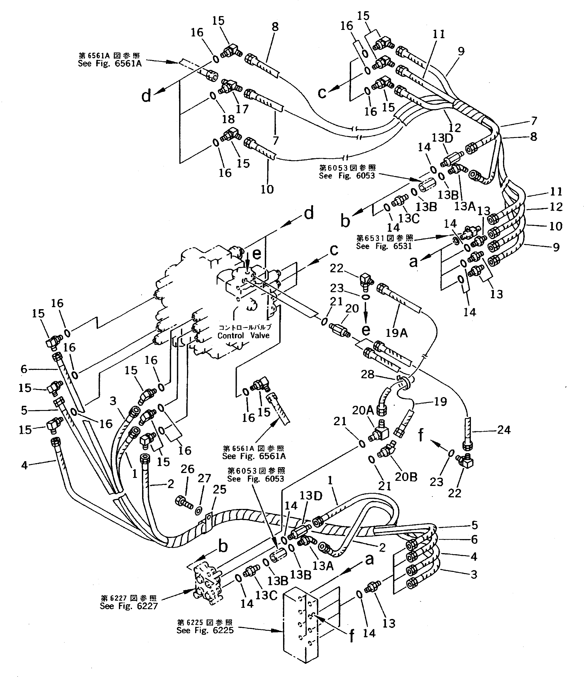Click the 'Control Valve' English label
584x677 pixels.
click(x=243, y=335)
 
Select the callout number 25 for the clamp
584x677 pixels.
click(x=220, y=490)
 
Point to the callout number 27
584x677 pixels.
click(x=205, y=478)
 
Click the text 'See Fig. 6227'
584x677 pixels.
click(x=129, y=606)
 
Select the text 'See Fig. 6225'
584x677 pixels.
click(x=205, y=630)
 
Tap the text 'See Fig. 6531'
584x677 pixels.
click(x=384, y=246)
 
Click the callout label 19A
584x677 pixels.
click(x=397, y=333)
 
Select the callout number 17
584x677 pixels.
click(x=242, y=109)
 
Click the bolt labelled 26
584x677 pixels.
click(x=184, y=502)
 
